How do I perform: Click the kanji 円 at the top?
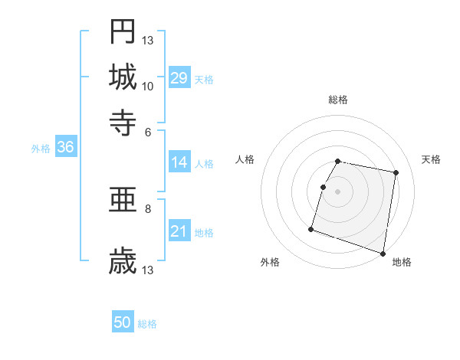click(123, 31)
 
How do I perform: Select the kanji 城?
click(123, 76)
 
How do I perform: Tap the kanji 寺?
click(123, 121)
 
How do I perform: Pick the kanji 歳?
click(123, 261)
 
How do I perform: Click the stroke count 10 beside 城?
click(148, 86)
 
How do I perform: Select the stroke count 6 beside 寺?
click(148, 131)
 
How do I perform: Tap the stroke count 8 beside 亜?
click(148, 208)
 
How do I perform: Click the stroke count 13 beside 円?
click(148, 41)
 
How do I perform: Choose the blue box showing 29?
click(179, 78)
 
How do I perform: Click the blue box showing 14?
click(179, 162)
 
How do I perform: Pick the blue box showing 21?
click(179, 231)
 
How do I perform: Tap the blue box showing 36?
click(65, 148)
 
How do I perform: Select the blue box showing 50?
click(123, 322)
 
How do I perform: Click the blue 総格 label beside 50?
click(147, 324)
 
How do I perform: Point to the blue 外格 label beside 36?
click(41, 149)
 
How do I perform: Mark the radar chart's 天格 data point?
click(396, 173)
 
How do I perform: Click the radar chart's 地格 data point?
click(383, 253)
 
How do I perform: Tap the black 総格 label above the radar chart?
click(338, 100)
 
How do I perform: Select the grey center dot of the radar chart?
click(338, 191)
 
